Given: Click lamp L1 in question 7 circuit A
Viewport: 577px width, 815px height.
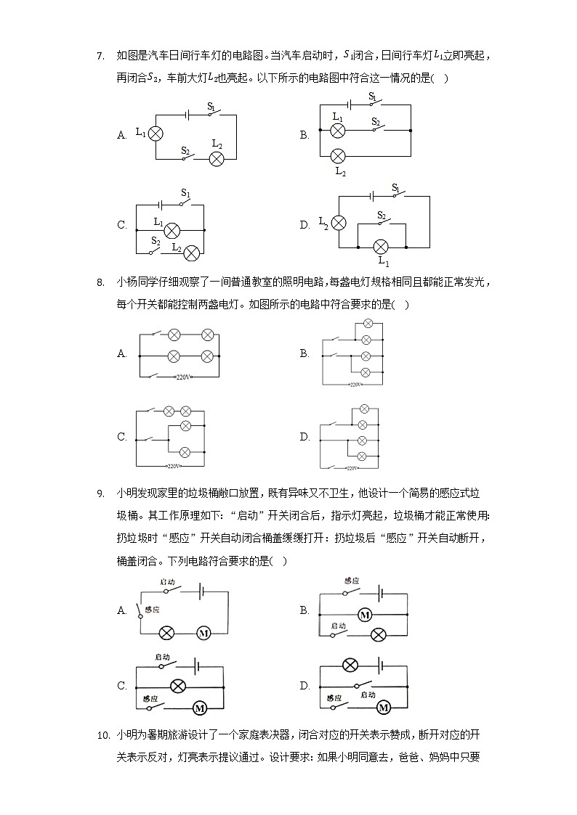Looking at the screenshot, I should coord(155,134).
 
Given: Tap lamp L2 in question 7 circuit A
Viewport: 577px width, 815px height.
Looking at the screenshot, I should coord(216,159).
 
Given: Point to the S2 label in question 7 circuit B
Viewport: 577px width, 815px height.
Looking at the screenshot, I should coord(375,121).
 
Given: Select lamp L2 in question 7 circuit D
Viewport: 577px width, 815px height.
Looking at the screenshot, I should coord(339,224).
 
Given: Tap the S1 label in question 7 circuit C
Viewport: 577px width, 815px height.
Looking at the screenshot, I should coord(185,193).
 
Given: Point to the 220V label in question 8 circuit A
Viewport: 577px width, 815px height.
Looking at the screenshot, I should coord(183,377).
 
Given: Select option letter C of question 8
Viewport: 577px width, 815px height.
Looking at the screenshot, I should coord(122,437).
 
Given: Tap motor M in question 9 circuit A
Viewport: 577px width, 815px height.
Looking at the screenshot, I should coord(203,633).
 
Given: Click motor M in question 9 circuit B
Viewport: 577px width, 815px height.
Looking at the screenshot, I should coord(365,615).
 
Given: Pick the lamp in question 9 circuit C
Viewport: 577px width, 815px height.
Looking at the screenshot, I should coord(177,685).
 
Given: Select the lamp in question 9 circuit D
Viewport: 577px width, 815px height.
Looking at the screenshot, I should coord(350,665).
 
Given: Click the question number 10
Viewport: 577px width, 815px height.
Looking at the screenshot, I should coord(102,735).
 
